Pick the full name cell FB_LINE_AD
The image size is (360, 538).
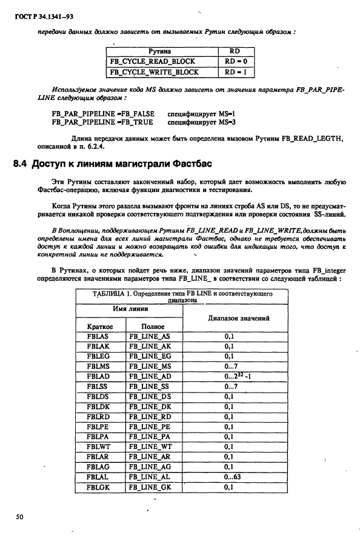coord(150,376)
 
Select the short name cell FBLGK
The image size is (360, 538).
coord(98,487)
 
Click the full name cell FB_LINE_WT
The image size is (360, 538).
coord(150,446)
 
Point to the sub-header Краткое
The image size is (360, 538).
coord(100,326)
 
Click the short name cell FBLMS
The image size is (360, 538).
coord(98,366)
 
